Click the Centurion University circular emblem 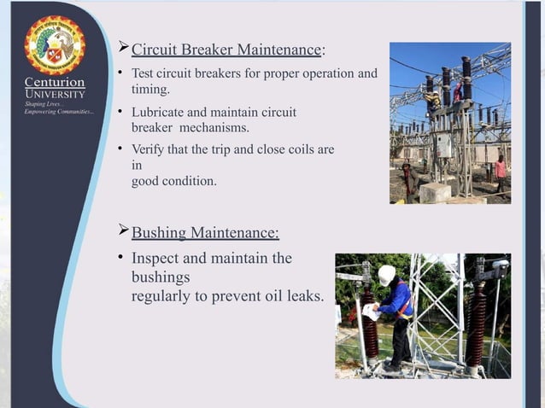pos(55,45)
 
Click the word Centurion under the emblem pos(55,82)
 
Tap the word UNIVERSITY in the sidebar pos(55,93)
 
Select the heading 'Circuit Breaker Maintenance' pos(226,50)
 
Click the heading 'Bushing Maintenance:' pos(204,232)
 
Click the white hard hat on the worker pos(386,274)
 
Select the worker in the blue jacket pos(396,312)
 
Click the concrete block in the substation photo pos(434,192)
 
